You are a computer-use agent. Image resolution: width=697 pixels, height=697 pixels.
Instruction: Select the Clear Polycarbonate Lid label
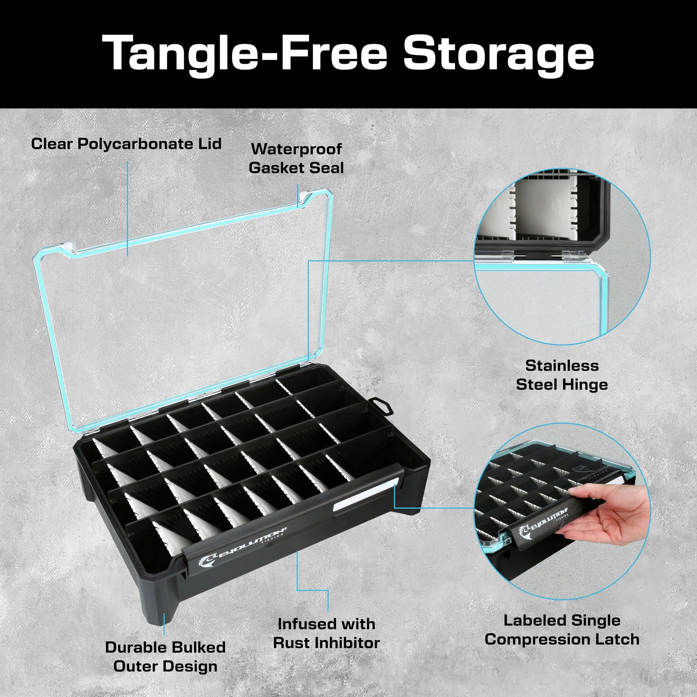126,144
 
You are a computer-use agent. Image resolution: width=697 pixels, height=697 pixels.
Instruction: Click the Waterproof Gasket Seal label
296,158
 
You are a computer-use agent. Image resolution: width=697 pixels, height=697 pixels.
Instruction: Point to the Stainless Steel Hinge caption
562,375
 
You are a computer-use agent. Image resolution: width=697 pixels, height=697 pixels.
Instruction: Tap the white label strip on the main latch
365,492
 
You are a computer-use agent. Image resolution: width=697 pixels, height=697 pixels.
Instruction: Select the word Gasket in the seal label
276,168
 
